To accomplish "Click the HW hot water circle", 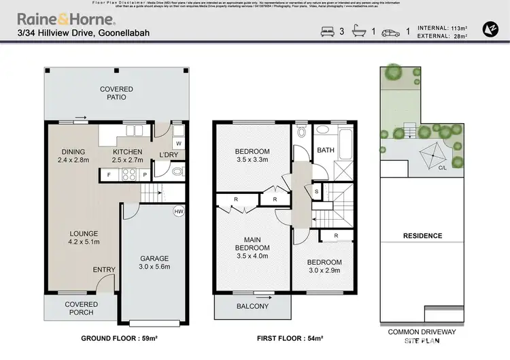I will [179, 212].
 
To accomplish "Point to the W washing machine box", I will [178, 144].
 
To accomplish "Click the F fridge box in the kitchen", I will [109, 174].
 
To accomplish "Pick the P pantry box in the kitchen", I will [144, 174].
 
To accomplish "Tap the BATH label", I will [325, 150].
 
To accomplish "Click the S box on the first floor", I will [317, 193].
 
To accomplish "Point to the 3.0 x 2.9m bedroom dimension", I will [324, 271].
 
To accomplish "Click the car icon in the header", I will [392, 31].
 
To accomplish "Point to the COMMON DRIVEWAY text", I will [422, 331].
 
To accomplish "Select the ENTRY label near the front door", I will [104, 270].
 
